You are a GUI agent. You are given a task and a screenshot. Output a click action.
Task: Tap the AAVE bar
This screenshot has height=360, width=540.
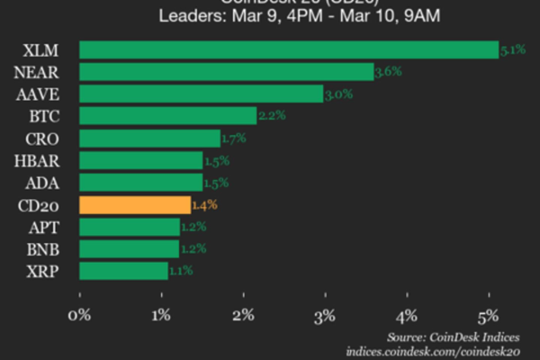coord(201,94)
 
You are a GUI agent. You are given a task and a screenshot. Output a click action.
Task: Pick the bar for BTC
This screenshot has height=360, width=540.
coord(167,116)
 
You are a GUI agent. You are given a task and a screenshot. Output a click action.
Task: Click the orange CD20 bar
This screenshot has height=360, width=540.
coord(135,204)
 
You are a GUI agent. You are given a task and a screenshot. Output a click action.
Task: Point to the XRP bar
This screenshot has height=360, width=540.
coord(123,270)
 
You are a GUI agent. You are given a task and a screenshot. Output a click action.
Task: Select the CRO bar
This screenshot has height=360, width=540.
coord(149,139)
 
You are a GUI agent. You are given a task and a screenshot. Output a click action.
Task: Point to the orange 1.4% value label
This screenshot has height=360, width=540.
coord(205,205)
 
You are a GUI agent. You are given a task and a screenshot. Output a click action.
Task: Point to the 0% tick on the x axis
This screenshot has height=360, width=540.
coord(80,315)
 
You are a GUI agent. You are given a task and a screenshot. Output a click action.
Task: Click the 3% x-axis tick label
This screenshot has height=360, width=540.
coord(325,315)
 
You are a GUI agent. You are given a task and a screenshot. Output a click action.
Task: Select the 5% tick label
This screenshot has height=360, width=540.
coord(489,315)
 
